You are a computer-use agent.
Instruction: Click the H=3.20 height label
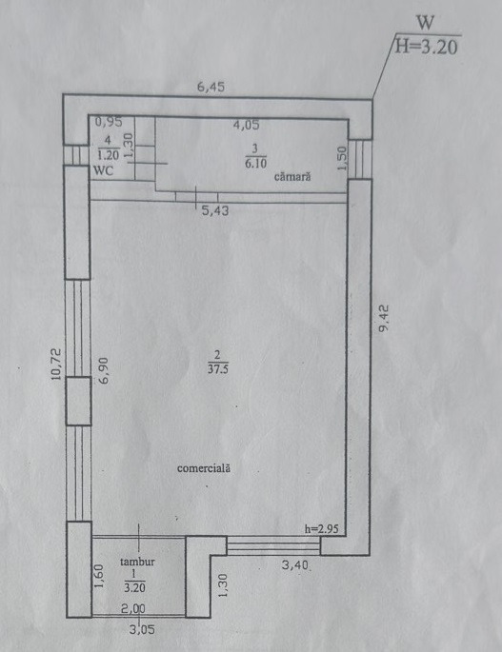426,46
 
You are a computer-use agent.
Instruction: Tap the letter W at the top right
425,23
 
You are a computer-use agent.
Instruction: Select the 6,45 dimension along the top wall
211,87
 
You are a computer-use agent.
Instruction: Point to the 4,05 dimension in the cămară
246,125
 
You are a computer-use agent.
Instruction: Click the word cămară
292,177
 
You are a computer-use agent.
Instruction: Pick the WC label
103,171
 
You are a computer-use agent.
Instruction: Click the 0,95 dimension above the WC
109,122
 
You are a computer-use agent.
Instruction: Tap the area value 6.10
255,163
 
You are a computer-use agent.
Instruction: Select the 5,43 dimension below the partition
215,210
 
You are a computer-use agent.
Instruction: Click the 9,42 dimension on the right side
383,318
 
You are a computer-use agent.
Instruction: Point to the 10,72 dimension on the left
56,364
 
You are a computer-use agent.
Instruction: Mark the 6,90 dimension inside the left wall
103,370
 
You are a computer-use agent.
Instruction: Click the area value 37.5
218,368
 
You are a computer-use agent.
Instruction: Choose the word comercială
204,468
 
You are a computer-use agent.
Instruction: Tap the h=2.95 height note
322,529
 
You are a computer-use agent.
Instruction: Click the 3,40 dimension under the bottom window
295,565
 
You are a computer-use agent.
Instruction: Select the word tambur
137,562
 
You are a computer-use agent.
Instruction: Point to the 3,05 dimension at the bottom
142,629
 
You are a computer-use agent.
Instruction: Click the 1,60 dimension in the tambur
99,576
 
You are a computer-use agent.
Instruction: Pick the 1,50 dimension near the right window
342,158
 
